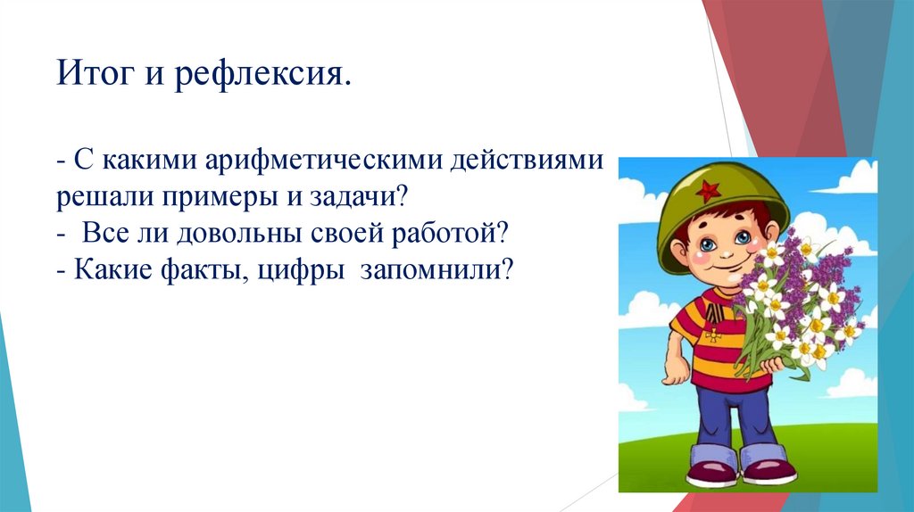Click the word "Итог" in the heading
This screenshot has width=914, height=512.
[96, 73]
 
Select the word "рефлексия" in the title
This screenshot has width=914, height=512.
[259, 75]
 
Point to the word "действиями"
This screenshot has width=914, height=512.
[527, 161]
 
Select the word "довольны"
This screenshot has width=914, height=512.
[239, 234]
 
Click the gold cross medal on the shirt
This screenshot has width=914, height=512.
[712, 334]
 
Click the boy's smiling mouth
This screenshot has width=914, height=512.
[727, 270]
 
